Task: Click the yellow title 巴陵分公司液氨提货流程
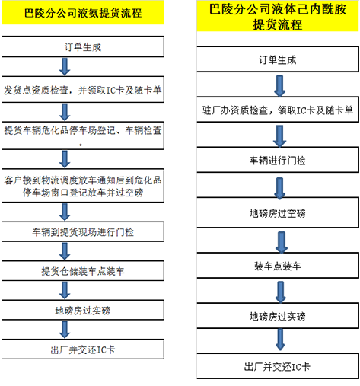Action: [x=83, y=13]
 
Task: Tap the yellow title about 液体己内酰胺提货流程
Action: [x=278, y=16]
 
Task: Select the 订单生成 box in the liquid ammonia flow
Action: [x=83, y=46]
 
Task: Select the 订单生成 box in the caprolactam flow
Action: [x=278, y=59]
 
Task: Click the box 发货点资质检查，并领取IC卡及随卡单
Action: [x=83, y=90]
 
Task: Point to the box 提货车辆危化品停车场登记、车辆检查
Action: [x=83, y=136]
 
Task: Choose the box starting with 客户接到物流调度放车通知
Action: [x=83, y=186]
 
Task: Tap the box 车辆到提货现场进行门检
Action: [x=83, y=231]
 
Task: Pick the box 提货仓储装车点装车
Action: [x=83, y=271]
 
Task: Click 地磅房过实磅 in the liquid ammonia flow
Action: [x=83, y=310]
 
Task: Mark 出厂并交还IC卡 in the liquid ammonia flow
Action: [x=83, y=349]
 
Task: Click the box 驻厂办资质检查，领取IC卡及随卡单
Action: [x=278, y=110]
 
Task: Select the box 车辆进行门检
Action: [x=278, y=160]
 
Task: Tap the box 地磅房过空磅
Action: [x=278, y=212]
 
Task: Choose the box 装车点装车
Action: [x=278, y=266]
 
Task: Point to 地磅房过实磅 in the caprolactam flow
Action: [x=278, y=316]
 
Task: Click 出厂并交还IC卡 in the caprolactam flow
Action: [x=278, y=366]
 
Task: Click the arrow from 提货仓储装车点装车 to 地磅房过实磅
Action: [x=65, y=290]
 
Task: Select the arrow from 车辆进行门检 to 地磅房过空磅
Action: [x=279, y=188]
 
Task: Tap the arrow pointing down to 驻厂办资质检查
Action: [x=279, y=86]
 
